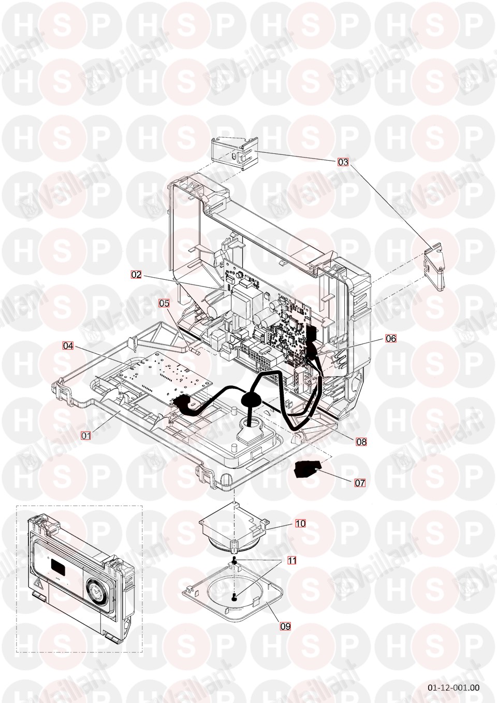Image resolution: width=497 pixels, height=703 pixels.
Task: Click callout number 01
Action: click(86, 435)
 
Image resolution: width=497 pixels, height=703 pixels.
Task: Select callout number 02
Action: click(136, 275)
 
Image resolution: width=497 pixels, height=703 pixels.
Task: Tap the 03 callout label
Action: click(343, 162)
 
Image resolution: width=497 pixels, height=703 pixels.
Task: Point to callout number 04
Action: click(68, 346)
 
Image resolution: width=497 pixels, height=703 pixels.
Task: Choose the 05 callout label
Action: click(164, 303)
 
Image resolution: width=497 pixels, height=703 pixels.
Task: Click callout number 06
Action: click(391, 338)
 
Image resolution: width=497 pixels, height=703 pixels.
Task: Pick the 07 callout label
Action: click(360, 483)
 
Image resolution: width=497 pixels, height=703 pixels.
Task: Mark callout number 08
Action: click(361, 442)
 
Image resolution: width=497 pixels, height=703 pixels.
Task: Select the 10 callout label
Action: click(300, 523)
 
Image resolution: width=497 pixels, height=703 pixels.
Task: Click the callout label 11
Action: click(292, 561)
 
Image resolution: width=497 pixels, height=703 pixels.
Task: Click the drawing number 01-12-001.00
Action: click(454, 685)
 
